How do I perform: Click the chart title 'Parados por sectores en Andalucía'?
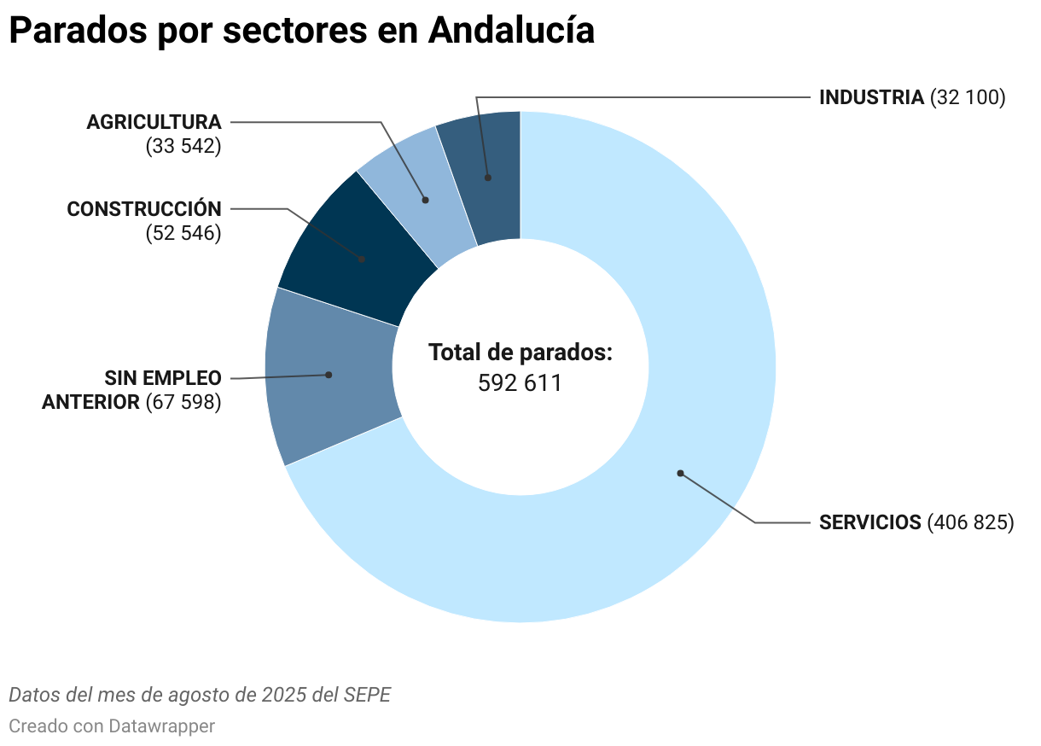(301, 31)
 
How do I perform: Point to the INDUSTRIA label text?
(871, 97)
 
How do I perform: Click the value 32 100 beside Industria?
(968, 97)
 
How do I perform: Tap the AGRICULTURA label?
(154, 122)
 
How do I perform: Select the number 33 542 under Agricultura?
(183, 146)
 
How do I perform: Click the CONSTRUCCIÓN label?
(144, 209)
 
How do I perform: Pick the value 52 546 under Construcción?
(183, 233)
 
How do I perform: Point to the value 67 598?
(183, 402)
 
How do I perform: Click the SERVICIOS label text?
(870, 522)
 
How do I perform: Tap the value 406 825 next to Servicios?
(971, 522)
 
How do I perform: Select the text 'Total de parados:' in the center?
(520, 353)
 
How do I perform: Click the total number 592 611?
(520, 383)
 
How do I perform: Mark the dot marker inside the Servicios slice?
(680, 473)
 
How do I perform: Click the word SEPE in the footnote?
(367, 695)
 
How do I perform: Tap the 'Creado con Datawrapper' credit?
(112, 726)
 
